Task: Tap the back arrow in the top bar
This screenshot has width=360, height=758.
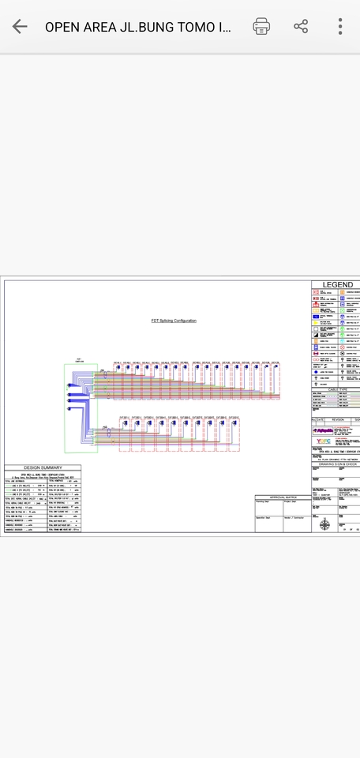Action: (20, 26)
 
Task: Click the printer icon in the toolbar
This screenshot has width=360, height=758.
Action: (261, 26)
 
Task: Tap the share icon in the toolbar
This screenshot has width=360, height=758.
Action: (301, 26)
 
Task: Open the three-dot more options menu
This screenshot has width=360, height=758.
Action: (340, 26)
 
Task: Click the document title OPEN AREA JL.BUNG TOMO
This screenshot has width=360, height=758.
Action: (138, 27)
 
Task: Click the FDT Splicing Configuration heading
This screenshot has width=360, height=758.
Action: (174, 321)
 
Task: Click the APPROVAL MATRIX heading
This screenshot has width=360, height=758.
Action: (282, 497)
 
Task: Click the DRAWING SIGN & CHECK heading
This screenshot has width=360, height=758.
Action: (336, 464)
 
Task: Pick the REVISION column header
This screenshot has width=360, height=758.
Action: (338, 420)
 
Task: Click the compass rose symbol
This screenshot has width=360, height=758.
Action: (324, 523)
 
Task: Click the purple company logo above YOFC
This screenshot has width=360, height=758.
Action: (323, 431)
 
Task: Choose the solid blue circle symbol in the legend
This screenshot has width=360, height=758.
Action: (317, 370)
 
